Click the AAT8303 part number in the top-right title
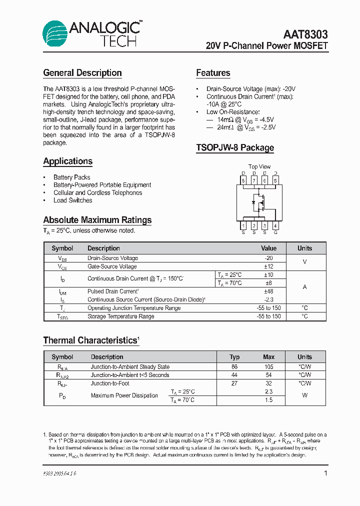(305, 34)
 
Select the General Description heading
(82, 73)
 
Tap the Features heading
(213, 73)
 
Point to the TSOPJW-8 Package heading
(235, 147)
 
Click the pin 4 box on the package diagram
(275, 226)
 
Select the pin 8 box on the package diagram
(243, 180)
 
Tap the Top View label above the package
(259, 166)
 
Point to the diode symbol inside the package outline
(253, 202)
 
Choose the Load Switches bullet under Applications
(72, 200)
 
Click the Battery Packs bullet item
(71, 177)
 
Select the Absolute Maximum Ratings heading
(97, 220)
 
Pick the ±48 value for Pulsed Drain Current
(268, 291)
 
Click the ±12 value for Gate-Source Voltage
(268, 266)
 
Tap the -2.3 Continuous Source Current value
(268, 299)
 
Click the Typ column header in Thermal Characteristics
(234, 357)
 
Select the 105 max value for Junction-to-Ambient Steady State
(268, 366)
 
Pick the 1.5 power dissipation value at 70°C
(268, 400)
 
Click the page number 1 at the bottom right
(325, 473)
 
